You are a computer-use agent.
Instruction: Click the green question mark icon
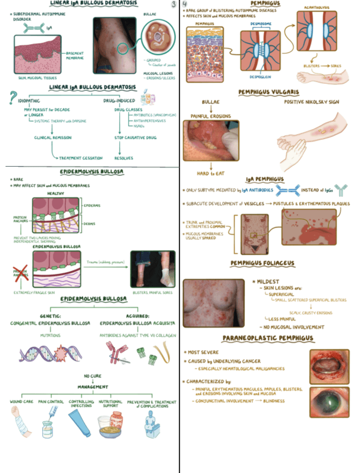(8, 98)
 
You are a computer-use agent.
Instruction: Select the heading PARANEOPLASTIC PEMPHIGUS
(267, 339)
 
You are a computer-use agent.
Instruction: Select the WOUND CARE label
(22, 402)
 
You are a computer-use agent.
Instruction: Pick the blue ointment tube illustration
(82, 423)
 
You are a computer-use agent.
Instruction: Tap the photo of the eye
(329, 402)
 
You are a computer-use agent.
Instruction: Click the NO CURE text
(93, 376)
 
